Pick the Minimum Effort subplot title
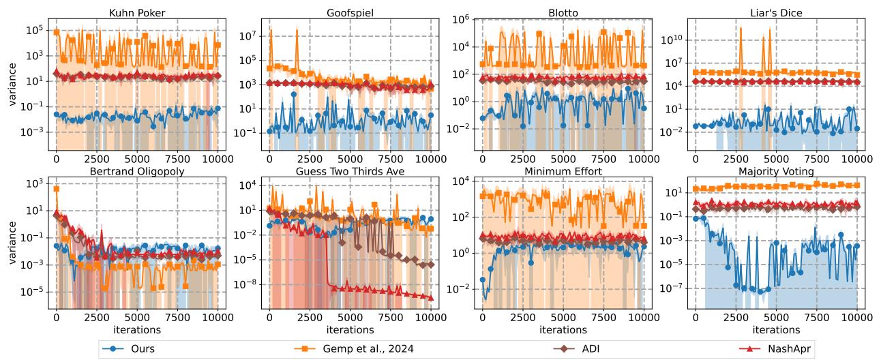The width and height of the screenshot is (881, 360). [563, 169]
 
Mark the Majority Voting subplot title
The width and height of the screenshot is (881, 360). [776, 169]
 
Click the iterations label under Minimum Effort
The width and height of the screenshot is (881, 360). [563, 330]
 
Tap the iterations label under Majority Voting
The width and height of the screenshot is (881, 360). [776, 330]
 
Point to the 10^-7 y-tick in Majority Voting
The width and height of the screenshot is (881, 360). [673, 288]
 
